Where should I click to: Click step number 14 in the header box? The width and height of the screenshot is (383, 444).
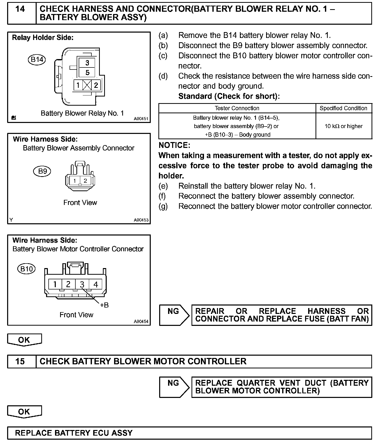[x=20, y=9]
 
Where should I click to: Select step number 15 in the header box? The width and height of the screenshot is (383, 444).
[x=20, y=361]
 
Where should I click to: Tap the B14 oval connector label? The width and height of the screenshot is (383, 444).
[x=37, y=60]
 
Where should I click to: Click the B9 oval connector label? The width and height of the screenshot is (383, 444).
[x=42, y=171]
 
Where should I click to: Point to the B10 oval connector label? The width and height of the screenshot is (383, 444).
[x=26, y=269]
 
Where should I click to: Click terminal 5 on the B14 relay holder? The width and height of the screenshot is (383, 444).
[x=87, y=73]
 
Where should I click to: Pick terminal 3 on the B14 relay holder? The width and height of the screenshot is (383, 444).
[x=87, y=63]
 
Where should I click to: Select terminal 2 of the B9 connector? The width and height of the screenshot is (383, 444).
[x=85, y=181]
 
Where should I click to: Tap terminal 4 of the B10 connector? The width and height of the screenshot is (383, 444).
[x=96, y=284]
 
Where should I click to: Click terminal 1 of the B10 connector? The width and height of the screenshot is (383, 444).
[x=55, y=284]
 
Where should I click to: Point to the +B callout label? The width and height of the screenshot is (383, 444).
[x=104, y=305]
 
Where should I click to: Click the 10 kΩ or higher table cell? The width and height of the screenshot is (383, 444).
[x=344, y=126]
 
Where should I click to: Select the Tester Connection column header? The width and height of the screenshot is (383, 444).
[x=237, y=108]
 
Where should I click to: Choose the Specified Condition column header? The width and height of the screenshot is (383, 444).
[x=344, y=108]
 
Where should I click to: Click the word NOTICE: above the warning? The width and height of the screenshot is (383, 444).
[x=174, y=145]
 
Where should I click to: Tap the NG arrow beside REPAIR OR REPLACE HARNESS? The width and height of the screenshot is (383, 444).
[x=174, y=315]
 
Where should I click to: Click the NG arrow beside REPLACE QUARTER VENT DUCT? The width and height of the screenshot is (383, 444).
[x=174, y=387]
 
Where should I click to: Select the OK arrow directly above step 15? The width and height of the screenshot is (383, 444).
[x=24, y=340]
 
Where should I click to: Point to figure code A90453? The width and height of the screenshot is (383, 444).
[x=141, y=220]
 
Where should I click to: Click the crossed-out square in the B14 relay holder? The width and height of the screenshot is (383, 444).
[x=87, y=85]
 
